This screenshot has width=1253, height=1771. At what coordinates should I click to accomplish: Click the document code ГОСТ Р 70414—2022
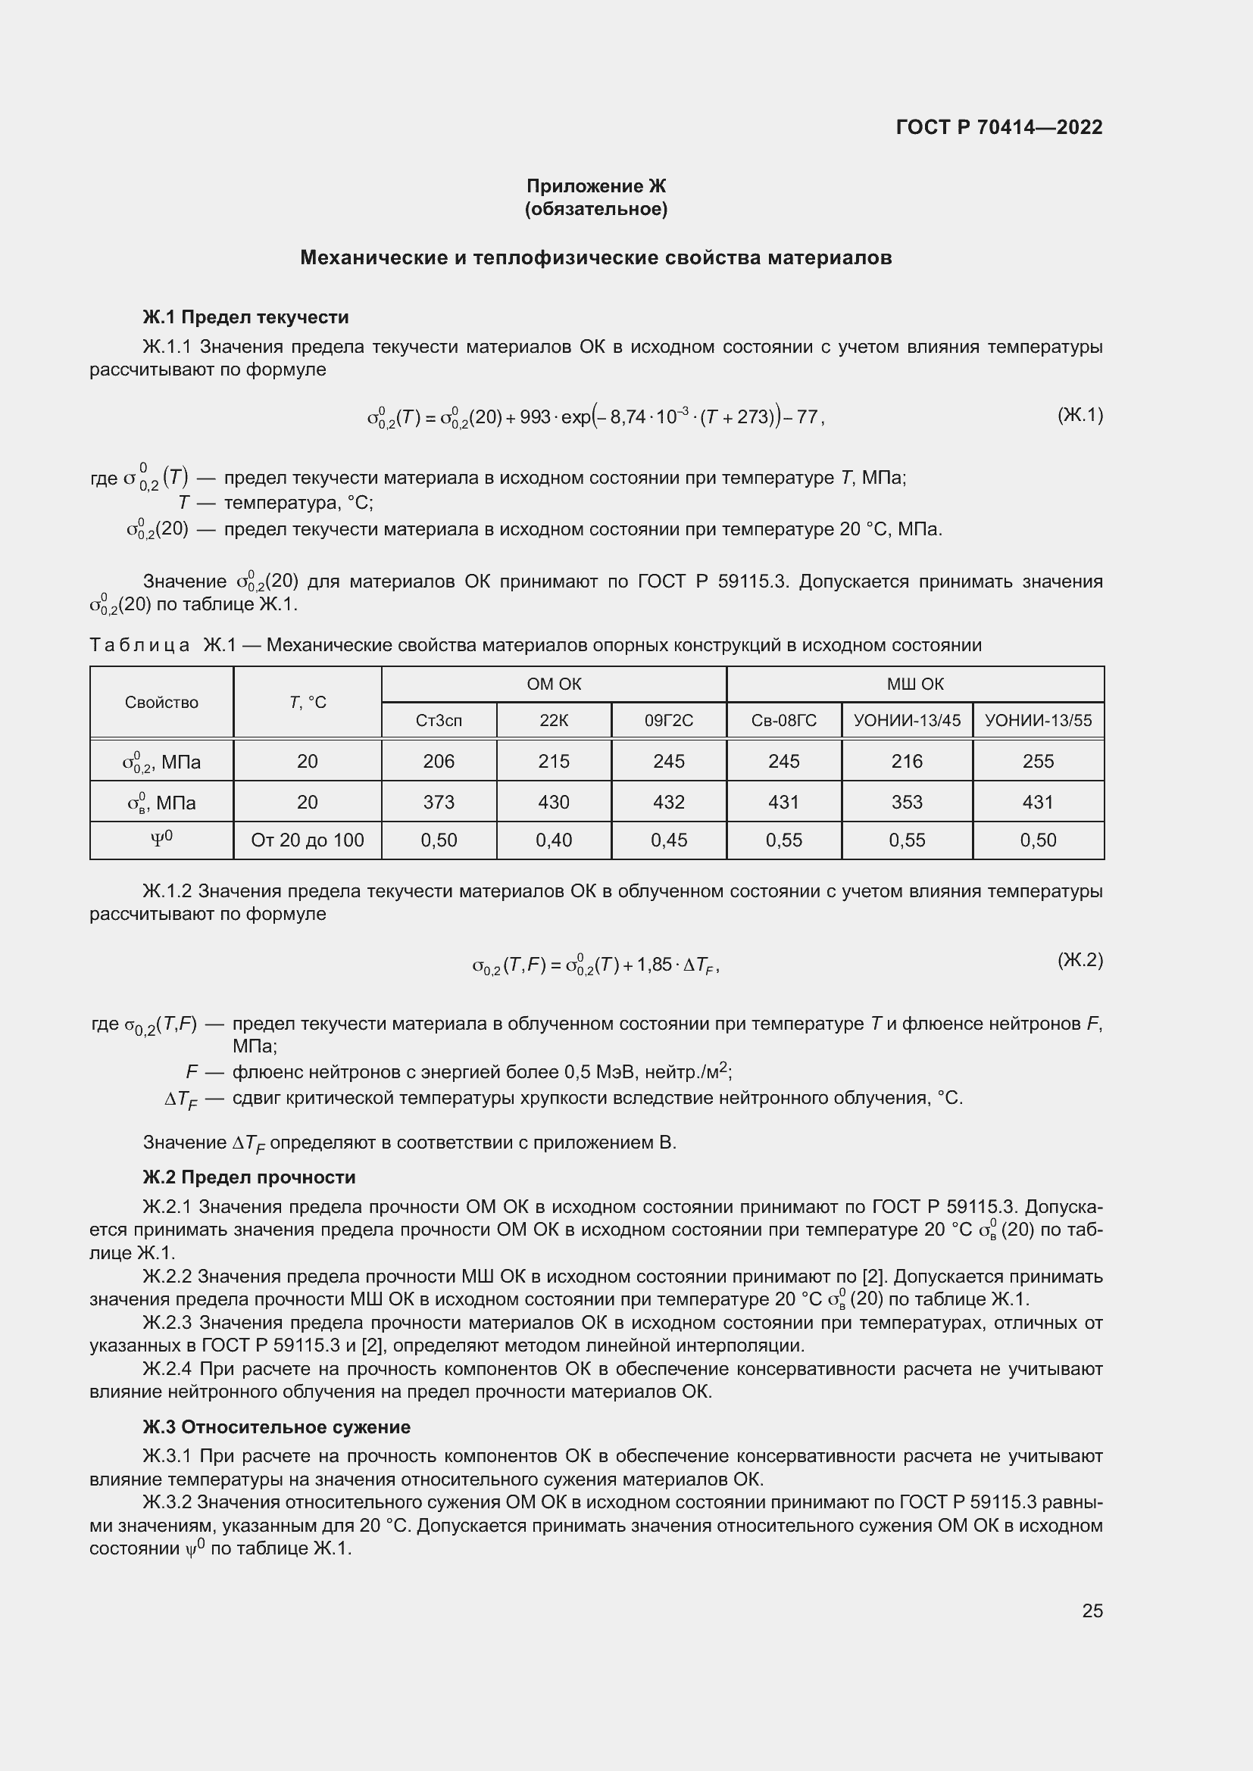point(999,127)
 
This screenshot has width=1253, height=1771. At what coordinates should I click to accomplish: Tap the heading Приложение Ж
point(595,186)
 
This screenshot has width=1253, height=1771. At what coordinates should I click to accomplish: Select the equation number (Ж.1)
point(1080,416)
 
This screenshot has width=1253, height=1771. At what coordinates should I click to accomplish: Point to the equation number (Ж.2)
point(1080,959)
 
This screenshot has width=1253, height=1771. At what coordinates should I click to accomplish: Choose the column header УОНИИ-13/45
point(907,720)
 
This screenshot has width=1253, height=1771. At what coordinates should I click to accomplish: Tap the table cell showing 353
point(907,802)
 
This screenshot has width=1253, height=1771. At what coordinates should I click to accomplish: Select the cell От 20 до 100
point(307,840)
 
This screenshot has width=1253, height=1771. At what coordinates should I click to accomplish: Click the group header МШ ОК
point(915,684)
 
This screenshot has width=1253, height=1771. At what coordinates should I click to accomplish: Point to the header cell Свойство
point(161,702)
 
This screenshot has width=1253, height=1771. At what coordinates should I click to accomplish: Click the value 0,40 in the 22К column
point(553,840)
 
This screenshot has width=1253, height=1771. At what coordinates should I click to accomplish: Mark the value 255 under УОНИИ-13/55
point(1038,761)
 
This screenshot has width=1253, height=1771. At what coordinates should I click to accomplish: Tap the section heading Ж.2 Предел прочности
point(249,1177)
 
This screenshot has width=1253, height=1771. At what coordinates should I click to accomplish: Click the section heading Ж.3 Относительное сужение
point(277,1427)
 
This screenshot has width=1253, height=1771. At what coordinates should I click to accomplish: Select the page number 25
point(1092,1610)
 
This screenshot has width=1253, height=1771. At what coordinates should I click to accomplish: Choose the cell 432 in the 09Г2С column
point(668,802)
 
